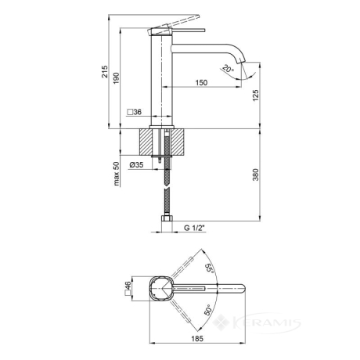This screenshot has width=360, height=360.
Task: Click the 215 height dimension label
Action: point(105,71)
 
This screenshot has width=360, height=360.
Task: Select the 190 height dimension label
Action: point(116,78)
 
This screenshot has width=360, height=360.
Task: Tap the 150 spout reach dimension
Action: point(201,83)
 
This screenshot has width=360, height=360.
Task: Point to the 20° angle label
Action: point(228,69)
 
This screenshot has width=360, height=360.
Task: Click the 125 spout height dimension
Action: point(256,95)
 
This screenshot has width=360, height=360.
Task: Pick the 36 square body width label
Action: point(135,112)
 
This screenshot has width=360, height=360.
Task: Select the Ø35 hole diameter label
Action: point(136,165)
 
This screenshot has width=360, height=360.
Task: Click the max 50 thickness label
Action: point(117,174)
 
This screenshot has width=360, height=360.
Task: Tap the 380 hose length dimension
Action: point(256,175)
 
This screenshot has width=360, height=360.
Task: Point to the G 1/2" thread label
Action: point(195,228)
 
